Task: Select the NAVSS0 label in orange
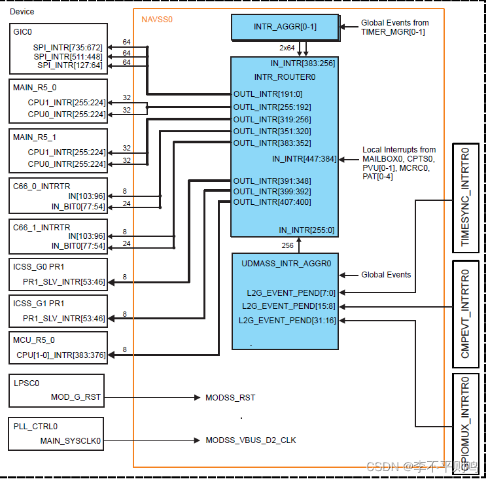click(x=157, y=20)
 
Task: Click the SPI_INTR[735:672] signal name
click(x=69, y=47)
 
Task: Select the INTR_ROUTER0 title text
click(x=285, y=77)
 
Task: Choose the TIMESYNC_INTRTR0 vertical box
click(x=466, y=197)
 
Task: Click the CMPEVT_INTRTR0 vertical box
click(x=466, y=313)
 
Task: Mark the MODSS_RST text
click(x=230, y=397)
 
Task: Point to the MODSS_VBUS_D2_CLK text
click(x=251, y=440)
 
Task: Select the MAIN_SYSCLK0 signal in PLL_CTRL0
click(x=71, y=441)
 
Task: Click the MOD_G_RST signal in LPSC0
click(x=76, y=397)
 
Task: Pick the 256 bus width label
click(x=287, y=245)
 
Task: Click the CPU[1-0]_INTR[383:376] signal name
click(x=61, y=355)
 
